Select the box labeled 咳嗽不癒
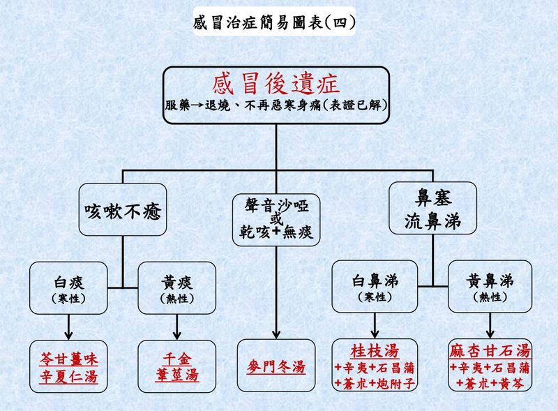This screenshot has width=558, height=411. pyautogui.click(x=123, y=209)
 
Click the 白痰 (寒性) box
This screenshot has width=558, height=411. pyautogui.click(x=68, y=287)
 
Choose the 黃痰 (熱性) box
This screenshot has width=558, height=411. pyautogui.click(x=176, y=287)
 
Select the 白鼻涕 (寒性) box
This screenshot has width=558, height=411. pyautogui.click(x=375, y=287)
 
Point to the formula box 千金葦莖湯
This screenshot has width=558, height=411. pyautogui.click(x=176, y=366)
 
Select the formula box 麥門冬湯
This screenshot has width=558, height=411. pyautogui.click(x=276, y=366)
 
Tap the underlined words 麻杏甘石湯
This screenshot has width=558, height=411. pyautogui.click(x=490, y=350)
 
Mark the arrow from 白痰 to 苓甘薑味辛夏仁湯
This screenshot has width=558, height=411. pyautogui.click(x=68, y=325)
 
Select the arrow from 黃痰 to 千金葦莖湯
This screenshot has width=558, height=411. pyautogui.click(x=176, y=325)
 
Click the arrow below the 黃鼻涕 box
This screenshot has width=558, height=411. pyautogui.click(x=490, y=325)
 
